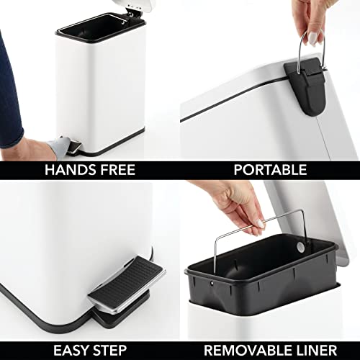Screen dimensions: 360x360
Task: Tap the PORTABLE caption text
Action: coord(270,170)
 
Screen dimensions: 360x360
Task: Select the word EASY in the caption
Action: coord(71,351)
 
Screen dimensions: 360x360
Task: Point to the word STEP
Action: coord(109,351)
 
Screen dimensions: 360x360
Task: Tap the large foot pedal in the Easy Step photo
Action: coord(127,284)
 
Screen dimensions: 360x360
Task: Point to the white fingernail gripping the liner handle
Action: coord(261,224)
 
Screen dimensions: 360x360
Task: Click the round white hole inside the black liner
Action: coord(300,247)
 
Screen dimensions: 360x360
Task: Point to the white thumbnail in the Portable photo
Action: coord(313,38)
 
